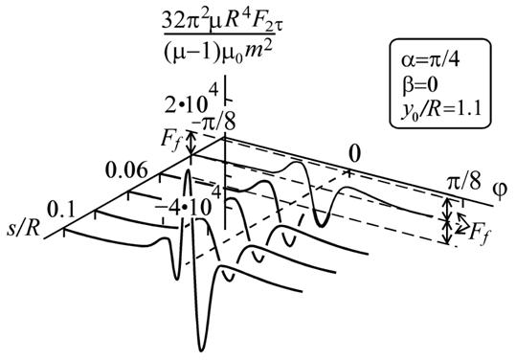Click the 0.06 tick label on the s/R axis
[126, 170]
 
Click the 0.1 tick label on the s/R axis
[61, 210]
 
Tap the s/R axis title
[24, 229]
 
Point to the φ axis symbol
[500, 190]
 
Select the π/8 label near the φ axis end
[463, 182]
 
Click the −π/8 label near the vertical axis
[213, 123]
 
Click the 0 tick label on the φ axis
[354, 154]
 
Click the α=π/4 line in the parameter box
[430, 60]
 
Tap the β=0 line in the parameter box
[419, 85]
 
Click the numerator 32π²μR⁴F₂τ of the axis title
[222, 21]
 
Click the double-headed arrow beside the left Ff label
[191, 143]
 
